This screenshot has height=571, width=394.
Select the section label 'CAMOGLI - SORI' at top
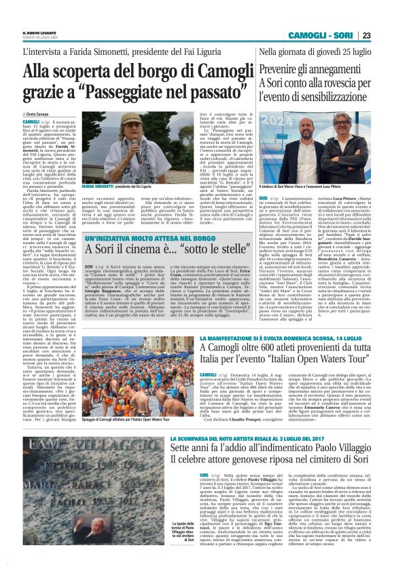click(325, 35)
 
